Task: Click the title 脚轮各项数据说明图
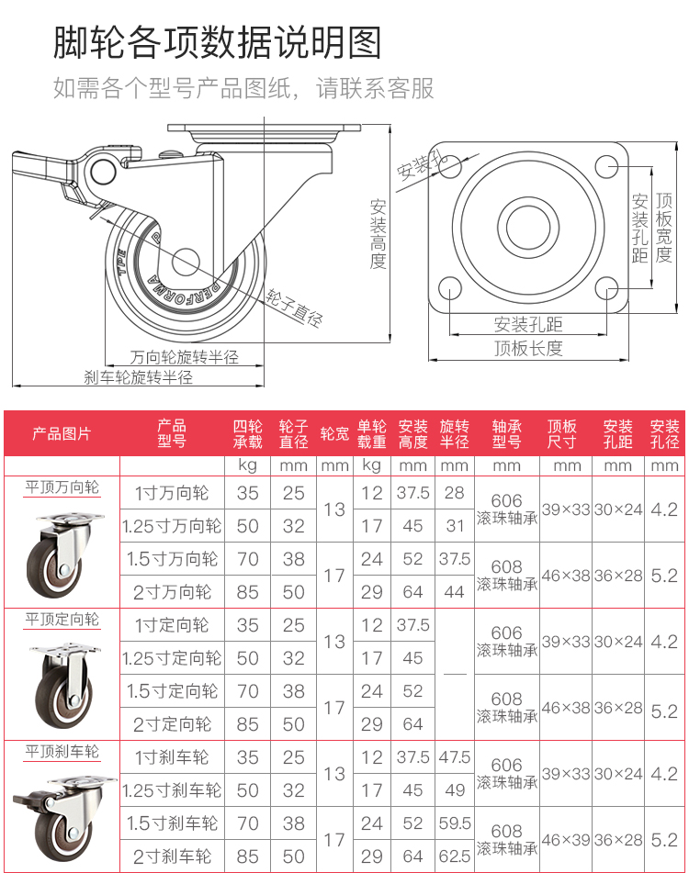(217, 42)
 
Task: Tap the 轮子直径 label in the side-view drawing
(294, 308)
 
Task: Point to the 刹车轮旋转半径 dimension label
(138, 377)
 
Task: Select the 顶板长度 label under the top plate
(528, 349)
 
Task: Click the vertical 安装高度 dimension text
(378, 234)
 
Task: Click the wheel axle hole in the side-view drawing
(186, 262)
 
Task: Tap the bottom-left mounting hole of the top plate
(449, 288)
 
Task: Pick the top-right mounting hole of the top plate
(606, 166)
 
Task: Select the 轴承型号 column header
(506, 434)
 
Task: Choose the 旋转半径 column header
(454, 434)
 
